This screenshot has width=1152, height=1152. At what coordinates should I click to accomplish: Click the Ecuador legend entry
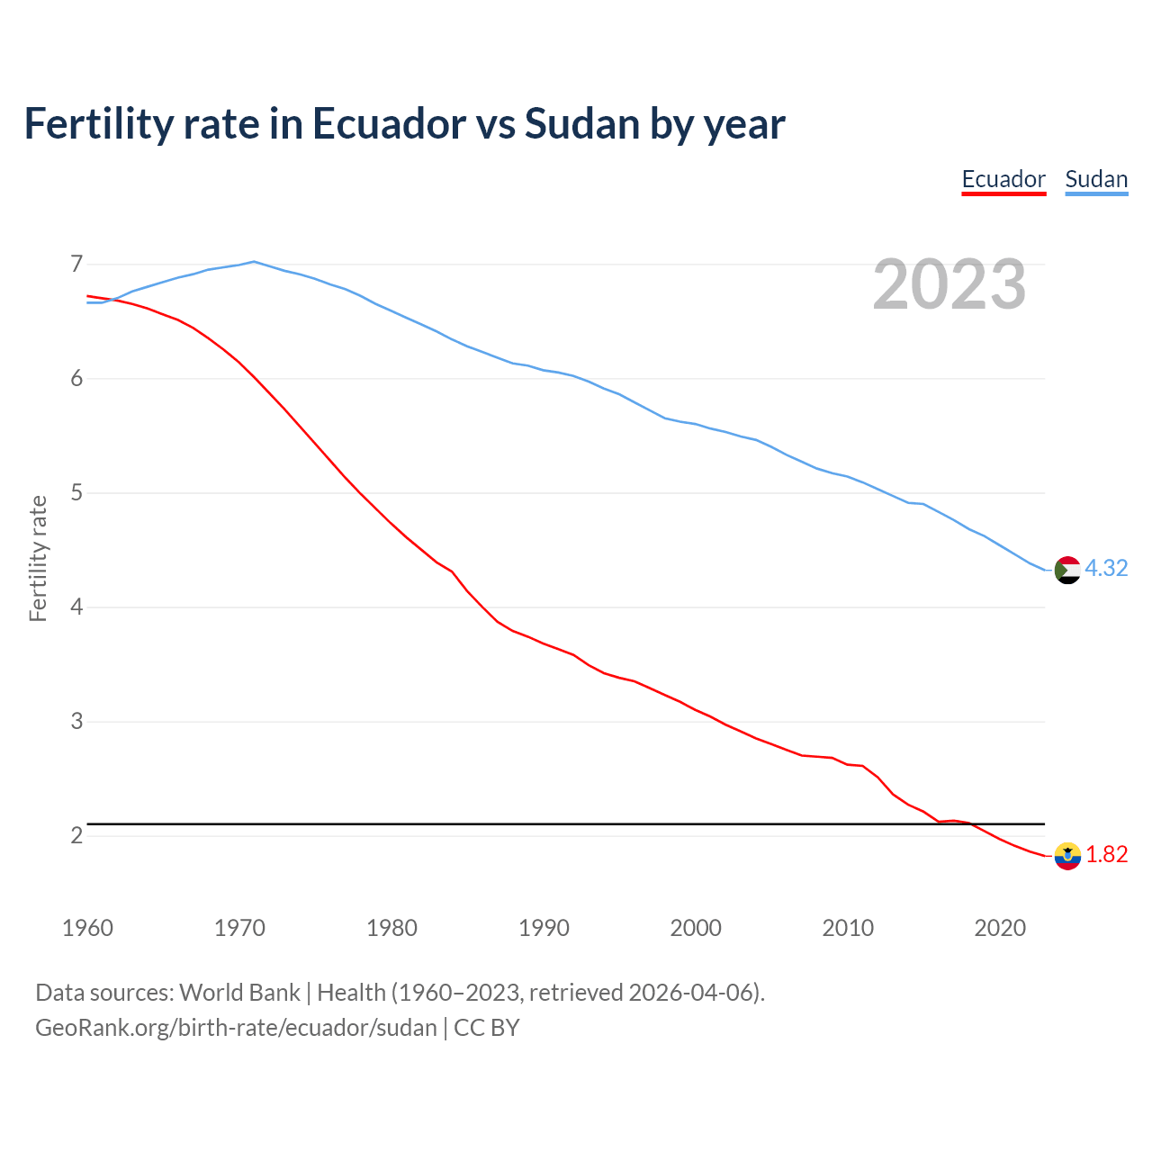coord(1003,179)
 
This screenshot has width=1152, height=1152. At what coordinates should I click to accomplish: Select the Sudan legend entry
coord(1096,179)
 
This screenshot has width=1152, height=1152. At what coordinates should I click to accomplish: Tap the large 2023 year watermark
coord(949,284)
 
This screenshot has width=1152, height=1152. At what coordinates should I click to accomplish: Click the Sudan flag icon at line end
coord(1067,570)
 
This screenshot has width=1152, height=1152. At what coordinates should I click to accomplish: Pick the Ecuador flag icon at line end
coord(1067,856)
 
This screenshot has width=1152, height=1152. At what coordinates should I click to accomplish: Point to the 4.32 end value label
coord(1106,569)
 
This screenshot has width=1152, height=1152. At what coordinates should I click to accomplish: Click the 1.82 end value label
coord(1106,855)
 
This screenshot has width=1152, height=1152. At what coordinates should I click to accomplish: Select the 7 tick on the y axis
coord(76,265)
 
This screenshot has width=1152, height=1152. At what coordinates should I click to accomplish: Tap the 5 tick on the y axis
coord(76,493)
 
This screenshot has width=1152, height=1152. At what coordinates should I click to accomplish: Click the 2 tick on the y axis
coord(76,836)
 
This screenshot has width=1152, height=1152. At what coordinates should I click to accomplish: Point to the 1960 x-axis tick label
coord(87,929)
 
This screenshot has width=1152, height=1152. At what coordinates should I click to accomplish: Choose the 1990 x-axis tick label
coord(544,929)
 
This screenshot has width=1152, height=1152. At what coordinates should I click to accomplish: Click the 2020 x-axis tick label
coord(1000,929)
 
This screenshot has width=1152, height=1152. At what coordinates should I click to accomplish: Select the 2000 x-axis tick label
coord(696,929)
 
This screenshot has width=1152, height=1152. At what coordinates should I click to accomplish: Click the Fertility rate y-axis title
coord(38,558)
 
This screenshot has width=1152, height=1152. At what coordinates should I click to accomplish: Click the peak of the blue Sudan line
coord(254,262)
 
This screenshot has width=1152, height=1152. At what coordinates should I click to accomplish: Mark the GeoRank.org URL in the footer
coord(236,1028)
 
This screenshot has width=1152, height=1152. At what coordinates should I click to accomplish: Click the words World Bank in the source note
coord(239,993)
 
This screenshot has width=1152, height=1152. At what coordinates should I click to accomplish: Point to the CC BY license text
coord(487,1028)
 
